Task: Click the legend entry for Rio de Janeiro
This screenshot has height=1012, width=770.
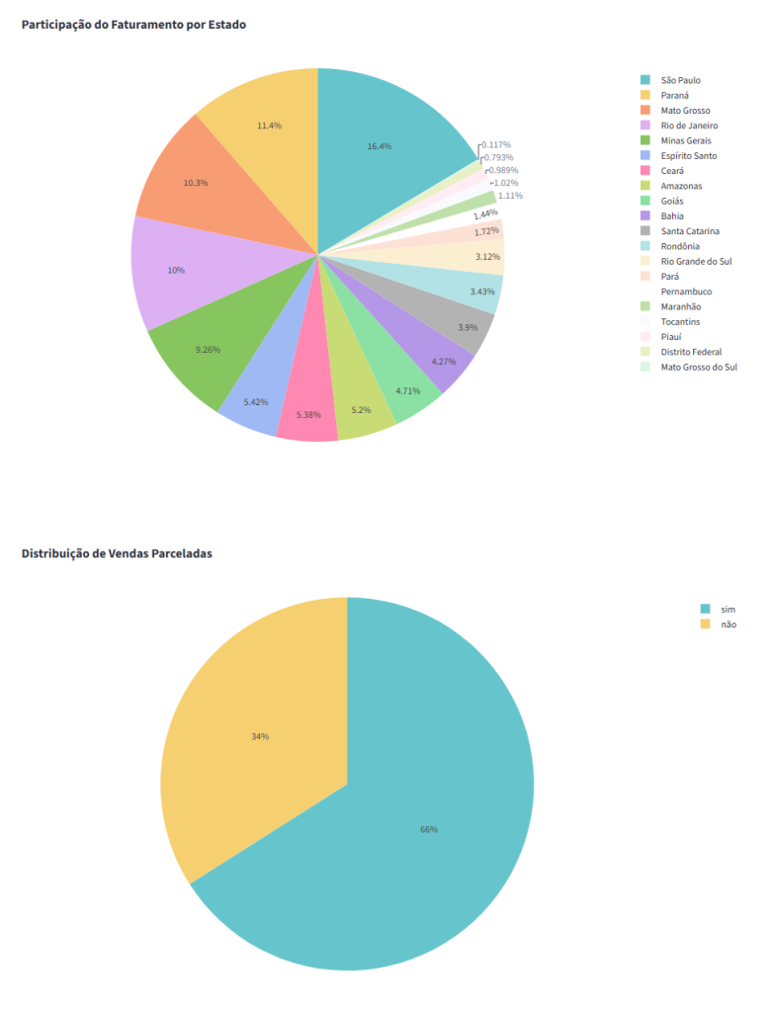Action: (689, 126)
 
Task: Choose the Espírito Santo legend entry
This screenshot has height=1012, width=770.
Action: (689, 156)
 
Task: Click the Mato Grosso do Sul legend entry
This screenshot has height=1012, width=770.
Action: (699, 367)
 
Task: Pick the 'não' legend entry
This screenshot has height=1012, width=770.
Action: (728, 625)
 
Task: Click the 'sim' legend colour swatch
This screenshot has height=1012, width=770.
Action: (705, 609)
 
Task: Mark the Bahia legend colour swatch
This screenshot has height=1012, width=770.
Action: (645, 216)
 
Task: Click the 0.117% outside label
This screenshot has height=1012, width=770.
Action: (497, 145)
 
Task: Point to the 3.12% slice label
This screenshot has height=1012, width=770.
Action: (486, 257)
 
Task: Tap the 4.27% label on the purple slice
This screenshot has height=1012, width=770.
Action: (444, 362)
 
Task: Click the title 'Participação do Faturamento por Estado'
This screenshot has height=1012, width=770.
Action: (133, 25)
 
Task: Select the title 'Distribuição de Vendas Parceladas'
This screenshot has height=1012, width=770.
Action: (117, 553)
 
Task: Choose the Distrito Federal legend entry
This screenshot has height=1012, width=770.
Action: (691, 352)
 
